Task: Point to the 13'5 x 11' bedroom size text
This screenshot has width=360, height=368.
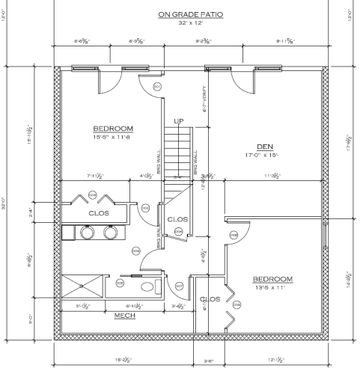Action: [x=272, y=288]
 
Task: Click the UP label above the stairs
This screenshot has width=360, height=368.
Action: [x=179, y=121]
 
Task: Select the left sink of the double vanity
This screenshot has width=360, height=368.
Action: [x=87, y=233]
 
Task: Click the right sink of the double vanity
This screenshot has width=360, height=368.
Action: [x=111, y=233]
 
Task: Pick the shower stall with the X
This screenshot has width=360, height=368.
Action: [x=83, y=286]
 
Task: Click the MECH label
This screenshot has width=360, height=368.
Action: [x=124, y=316]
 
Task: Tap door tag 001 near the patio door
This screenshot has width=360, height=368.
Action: [x=158, y=87]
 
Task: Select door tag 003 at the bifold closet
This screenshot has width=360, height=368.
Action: [x=93, y=196]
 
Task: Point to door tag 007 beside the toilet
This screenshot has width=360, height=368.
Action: [x=179, y=285]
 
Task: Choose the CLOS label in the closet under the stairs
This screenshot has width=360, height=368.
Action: [x=177, y=219]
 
